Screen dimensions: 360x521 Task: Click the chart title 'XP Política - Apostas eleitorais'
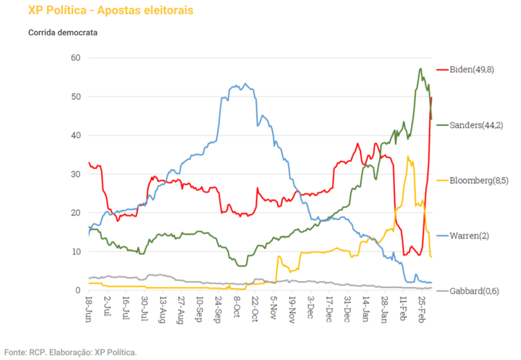coord(111,10)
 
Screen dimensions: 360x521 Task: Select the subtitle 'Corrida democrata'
coord(63,33)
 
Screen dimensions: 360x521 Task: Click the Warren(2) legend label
coord(469,236)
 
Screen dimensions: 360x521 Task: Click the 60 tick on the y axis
coord(76,58)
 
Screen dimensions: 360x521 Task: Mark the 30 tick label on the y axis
coord(76,174)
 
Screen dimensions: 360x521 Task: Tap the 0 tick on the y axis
coord(78,290)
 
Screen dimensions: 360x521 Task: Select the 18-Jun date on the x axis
coord(89,307)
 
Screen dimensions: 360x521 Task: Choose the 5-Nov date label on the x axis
coord(274,307)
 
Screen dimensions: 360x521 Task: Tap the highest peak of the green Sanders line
coord(421,68)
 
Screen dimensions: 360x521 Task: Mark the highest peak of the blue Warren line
coord(245,84)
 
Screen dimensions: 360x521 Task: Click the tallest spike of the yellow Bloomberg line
coord(408,156)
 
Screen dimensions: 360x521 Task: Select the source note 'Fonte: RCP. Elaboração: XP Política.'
coord(71,352)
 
